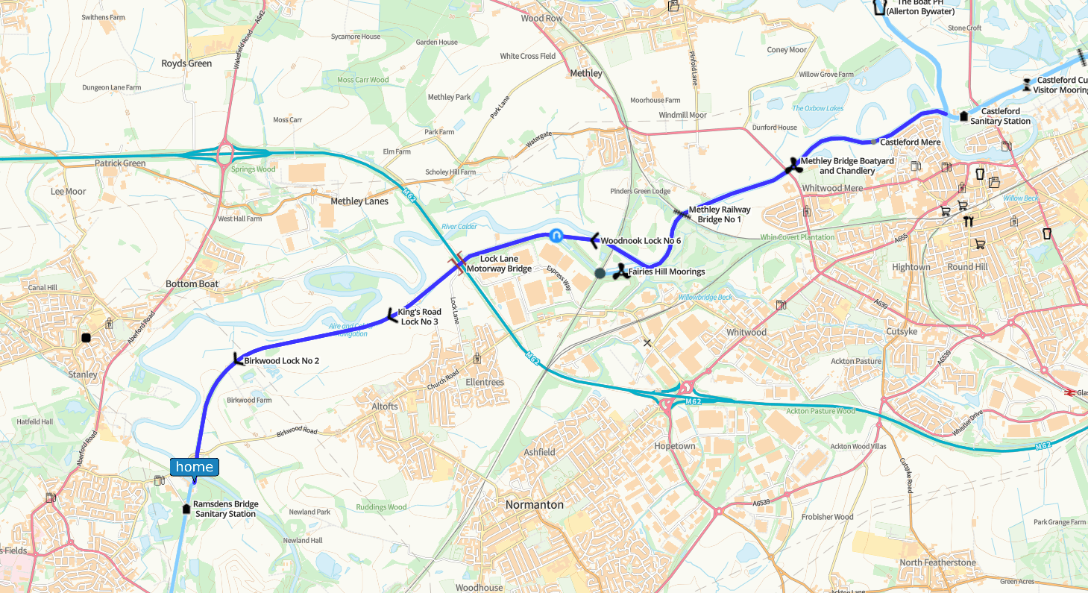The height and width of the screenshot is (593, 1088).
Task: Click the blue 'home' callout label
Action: coord(195,467)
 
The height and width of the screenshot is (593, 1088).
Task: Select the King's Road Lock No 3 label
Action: coord(421,316)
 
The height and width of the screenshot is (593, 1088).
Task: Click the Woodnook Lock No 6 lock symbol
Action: coord(594,240)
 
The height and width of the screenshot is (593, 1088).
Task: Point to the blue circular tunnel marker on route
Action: coord(556,235)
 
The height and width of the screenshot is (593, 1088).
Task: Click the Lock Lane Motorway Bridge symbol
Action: coord(458,263)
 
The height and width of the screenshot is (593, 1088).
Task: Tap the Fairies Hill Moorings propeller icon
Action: coord(619,272)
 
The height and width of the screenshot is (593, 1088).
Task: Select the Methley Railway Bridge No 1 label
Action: coord(719,214)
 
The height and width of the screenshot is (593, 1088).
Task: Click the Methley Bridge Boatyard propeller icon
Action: coord(792,166)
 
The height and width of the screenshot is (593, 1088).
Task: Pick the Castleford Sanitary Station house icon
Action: coord(964,116)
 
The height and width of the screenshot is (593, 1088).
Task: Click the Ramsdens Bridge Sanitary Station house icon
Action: coord(186,509)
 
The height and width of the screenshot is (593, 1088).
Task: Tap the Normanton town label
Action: coord(534,505)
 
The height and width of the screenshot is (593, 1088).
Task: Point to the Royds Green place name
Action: coord(186,63)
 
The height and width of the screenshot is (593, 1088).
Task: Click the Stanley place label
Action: coord(82,374)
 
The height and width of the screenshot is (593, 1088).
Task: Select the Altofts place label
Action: coord(385,407)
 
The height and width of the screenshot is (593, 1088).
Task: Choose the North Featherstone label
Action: coord(937,562)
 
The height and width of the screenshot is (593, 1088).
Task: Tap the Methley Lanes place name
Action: coord(359,201)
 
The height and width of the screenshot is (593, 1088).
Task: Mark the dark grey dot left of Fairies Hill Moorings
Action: coord(600,273)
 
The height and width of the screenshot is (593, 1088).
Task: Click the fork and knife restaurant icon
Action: coord(969,221)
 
